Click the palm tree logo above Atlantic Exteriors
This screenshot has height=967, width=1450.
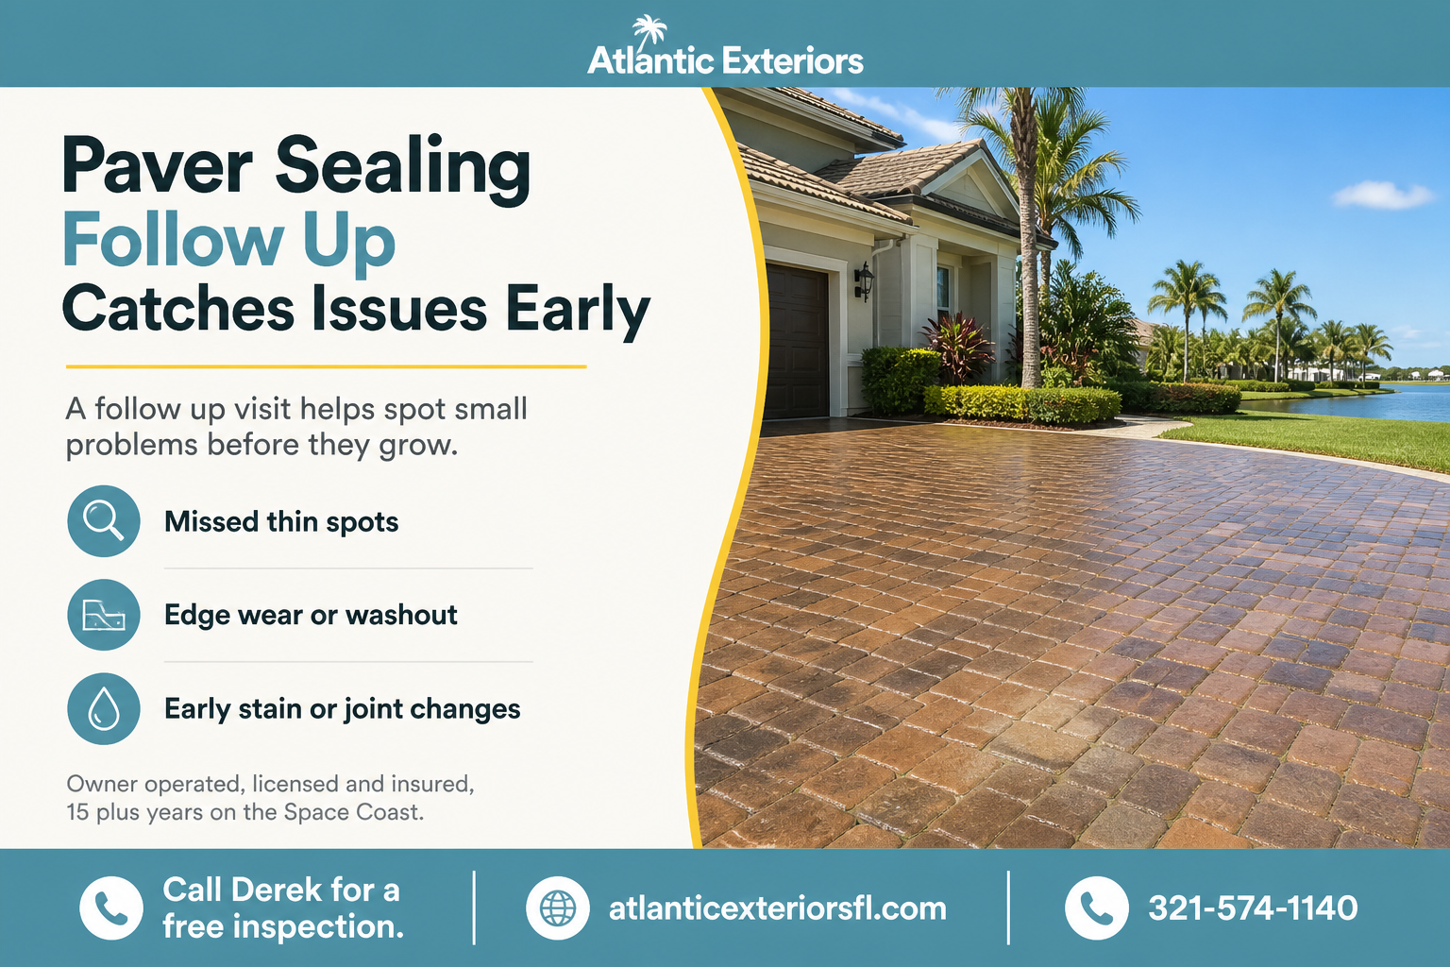649,31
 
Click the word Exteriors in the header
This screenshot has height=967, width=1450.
792,60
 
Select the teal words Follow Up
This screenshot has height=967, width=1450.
229,242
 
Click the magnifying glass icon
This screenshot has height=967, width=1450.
104,520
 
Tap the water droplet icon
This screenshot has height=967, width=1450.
104,708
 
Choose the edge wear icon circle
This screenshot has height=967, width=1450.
104,615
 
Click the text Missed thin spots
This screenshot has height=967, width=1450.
281,522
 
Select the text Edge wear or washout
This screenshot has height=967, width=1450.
311,615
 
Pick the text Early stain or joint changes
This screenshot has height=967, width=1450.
343,709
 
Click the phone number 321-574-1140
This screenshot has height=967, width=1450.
1253,908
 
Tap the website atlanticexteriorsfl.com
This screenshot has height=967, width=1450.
778,908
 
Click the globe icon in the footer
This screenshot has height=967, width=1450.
557,908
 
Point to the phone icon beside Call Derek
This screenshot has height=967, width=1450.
111,908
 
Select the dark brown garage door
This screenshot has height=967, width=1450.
796,341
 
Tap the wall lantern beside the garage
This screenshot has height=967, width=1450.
864,281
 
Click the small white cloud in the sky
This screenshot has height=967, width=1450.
1382,195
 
